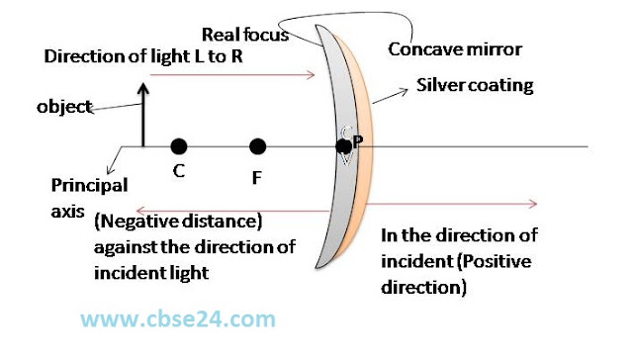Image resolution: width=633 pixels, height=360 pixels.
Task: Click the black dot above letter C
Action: click(x=179, y=146)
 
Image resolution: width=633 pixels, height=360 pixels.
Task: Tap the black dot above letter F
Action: click(x=257, y=146)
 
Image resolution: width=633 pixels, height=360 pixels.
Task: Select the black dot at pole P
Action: click(x=343, y=146)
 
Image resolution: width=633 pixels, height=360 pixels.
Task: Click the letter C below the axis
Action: click(x=179, y=171)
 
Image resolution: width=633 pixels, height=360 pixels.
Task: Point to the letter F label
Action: click(x=256, y=178)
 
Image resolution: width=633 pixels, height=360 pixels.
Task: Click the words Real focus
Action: click(x=245, y=35)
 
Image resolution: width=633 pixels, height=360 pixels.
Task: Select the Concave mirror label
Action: click(x=455, y=49)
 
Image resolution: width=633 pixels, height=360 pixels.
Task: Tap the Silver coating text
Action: click(x=475, y=86)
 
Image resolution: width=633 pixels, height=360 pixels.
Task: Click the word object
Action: click(x=64, y=107)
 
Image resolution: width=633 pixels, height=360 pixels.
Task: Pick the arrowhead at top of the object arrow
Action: click(x=142, y=88)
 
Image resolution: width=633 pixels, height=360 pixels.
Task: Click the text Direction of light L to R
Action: click(x=143, y=56)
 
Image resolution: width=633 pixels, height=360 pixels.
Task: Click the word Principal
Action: click(x=89, y=186)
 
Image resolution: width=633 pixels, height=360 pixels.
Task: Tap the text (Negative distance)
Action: click(x=178, y=222)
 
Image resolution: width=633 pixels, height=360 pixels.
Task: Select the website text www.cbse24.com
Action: click(x=178, y=319)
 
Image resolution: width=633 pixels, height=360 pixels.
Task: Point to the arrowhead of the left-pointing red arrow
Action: click(x=140, y=211)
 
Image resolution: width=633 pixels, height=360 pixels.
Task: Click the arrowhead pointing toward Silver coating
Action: click(x=404, y=92)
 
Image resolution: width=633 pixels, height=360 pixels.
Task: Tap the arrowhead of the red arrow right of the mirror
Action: click(x=533, y=204)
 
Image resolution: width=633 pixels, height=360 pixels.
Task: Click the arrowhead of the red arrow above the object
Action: click(x=311, y=74)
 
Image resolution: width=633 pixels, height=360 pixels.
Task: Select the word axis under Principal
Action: click(x=67, y=212)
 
